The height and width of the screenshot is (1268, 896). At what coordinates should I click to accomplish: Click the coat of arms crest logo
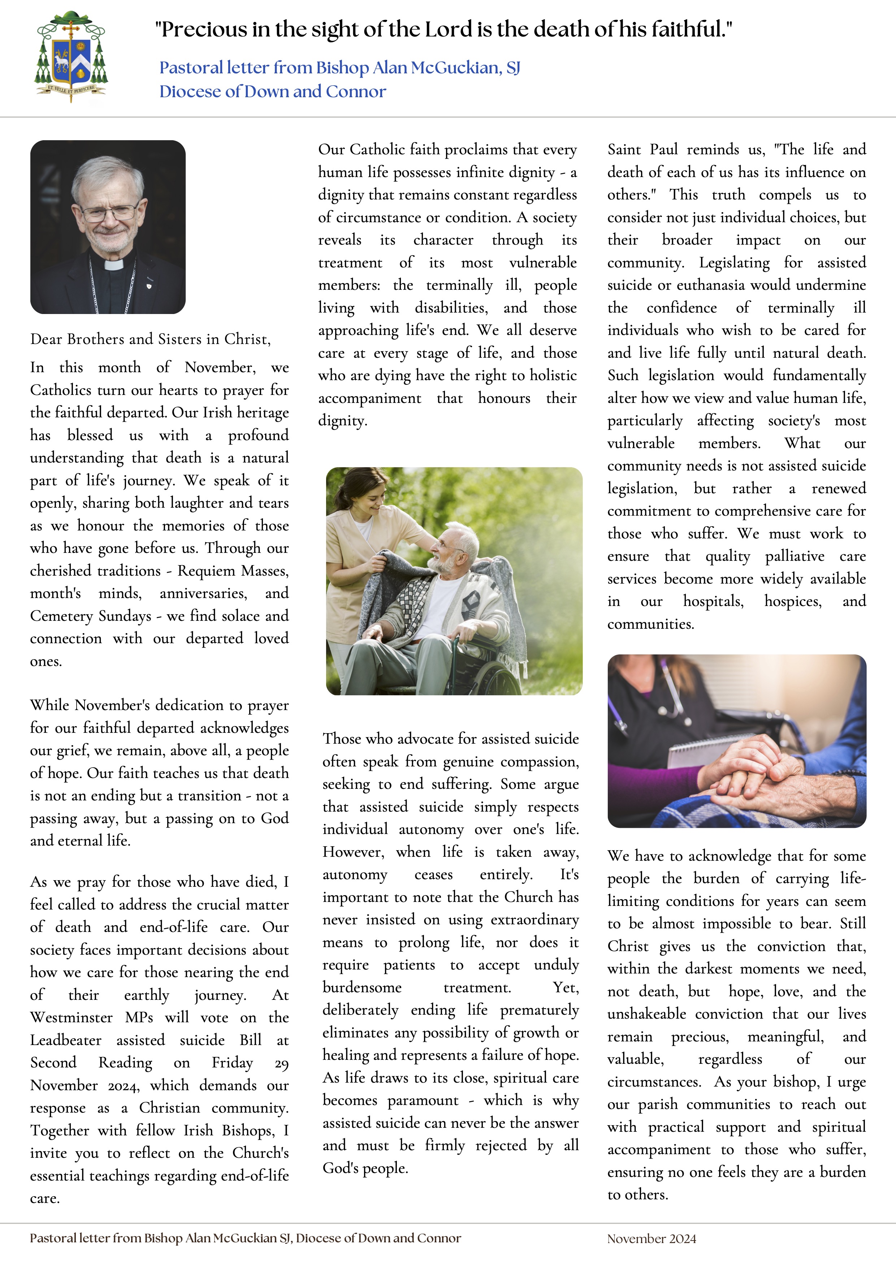tap(70, 56)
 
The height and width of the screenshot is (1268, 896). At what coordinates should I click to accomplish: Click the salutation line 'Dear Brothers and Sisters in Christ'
tap(150, 339)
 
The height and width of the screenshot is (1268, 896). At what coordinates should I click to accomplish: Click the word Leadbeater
tap(66, 1040)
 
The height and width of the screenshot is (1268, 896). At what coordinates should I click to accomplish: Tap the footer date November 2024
tap(652, 1239)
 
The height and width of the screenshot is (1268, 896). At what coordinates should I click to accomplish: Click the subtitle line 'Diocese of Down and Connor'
tap(273, 91)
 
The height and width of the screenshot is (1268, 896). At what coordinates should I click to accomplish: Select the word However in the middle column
tap(353, 852)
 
